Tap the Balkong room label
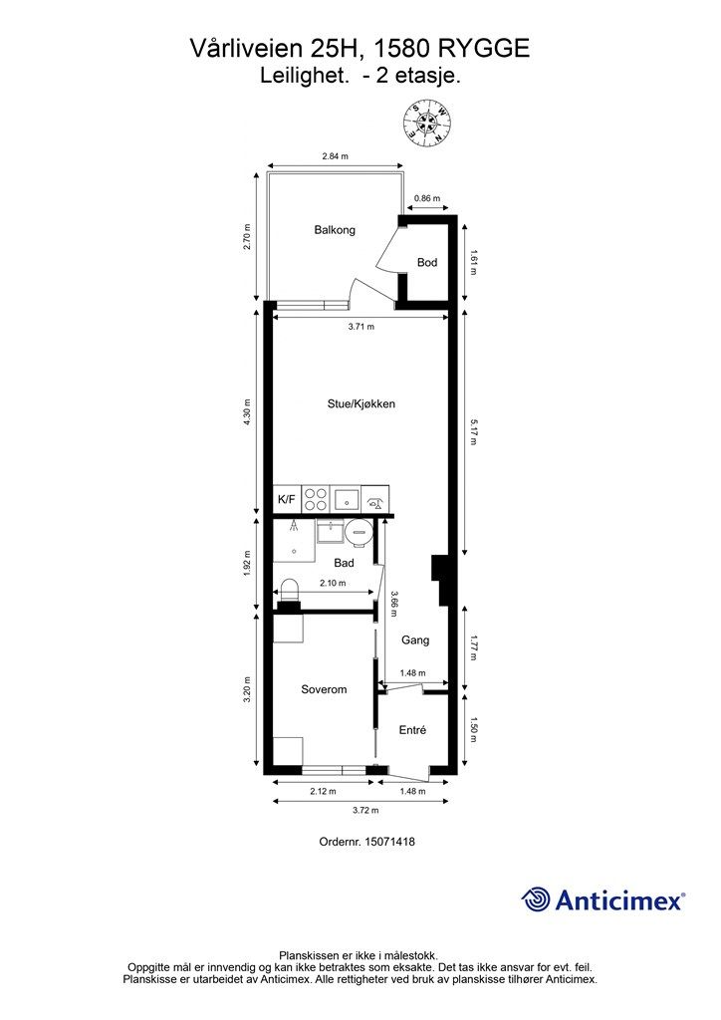[335, 230]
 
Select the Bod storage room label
[427, 262]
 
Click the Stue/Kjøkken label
[360, 404]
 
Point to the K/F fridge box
[287, 500]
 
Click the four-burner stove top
[316, 500]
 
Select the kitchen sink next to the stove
[346, 500]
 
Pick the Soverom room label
[324, 689]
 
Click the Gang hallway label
[415, 640]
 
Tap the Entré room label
[412, 730]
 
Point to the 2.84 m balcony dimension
[335, 156]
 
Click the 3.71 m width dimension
[360, 327]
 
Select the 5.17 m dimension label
[473, 432]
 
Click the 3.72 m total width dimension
[365, 811]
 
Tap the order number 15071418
[390, 842]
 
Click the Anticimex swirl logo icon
[535, 899]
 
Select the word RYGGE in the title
[484, 49]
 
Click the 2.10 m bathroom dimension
[333, 583]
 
